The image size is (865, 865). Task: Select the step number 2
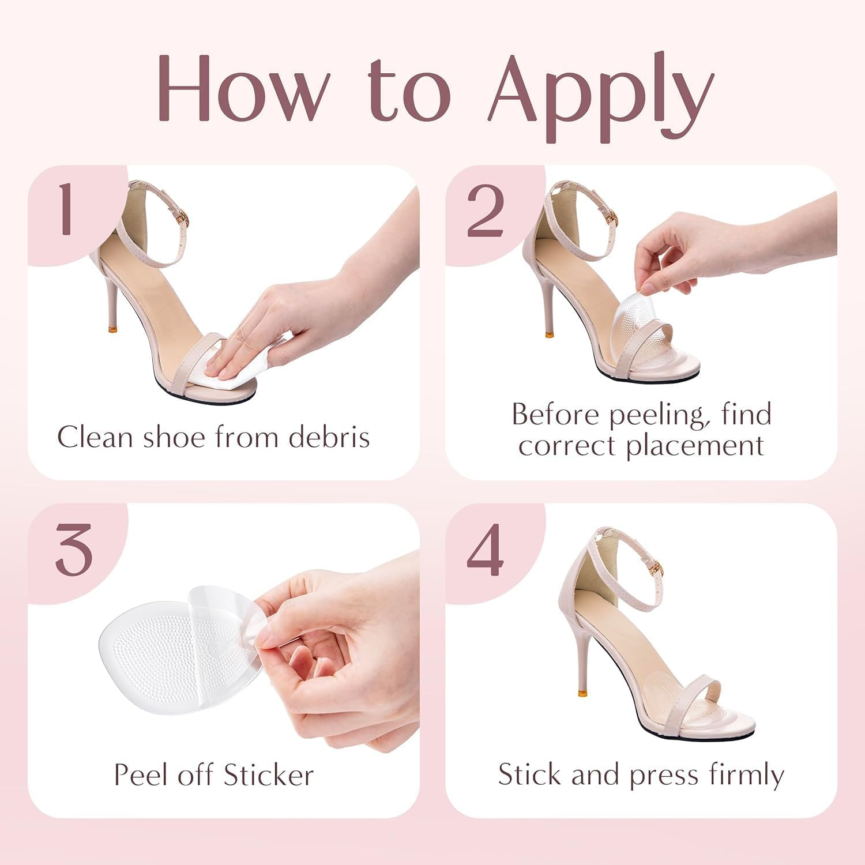click(484, 210)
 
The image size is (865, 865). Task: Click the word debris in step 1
click(329, 437)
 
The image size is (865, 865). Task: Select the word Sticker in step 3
click(269, 774)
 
